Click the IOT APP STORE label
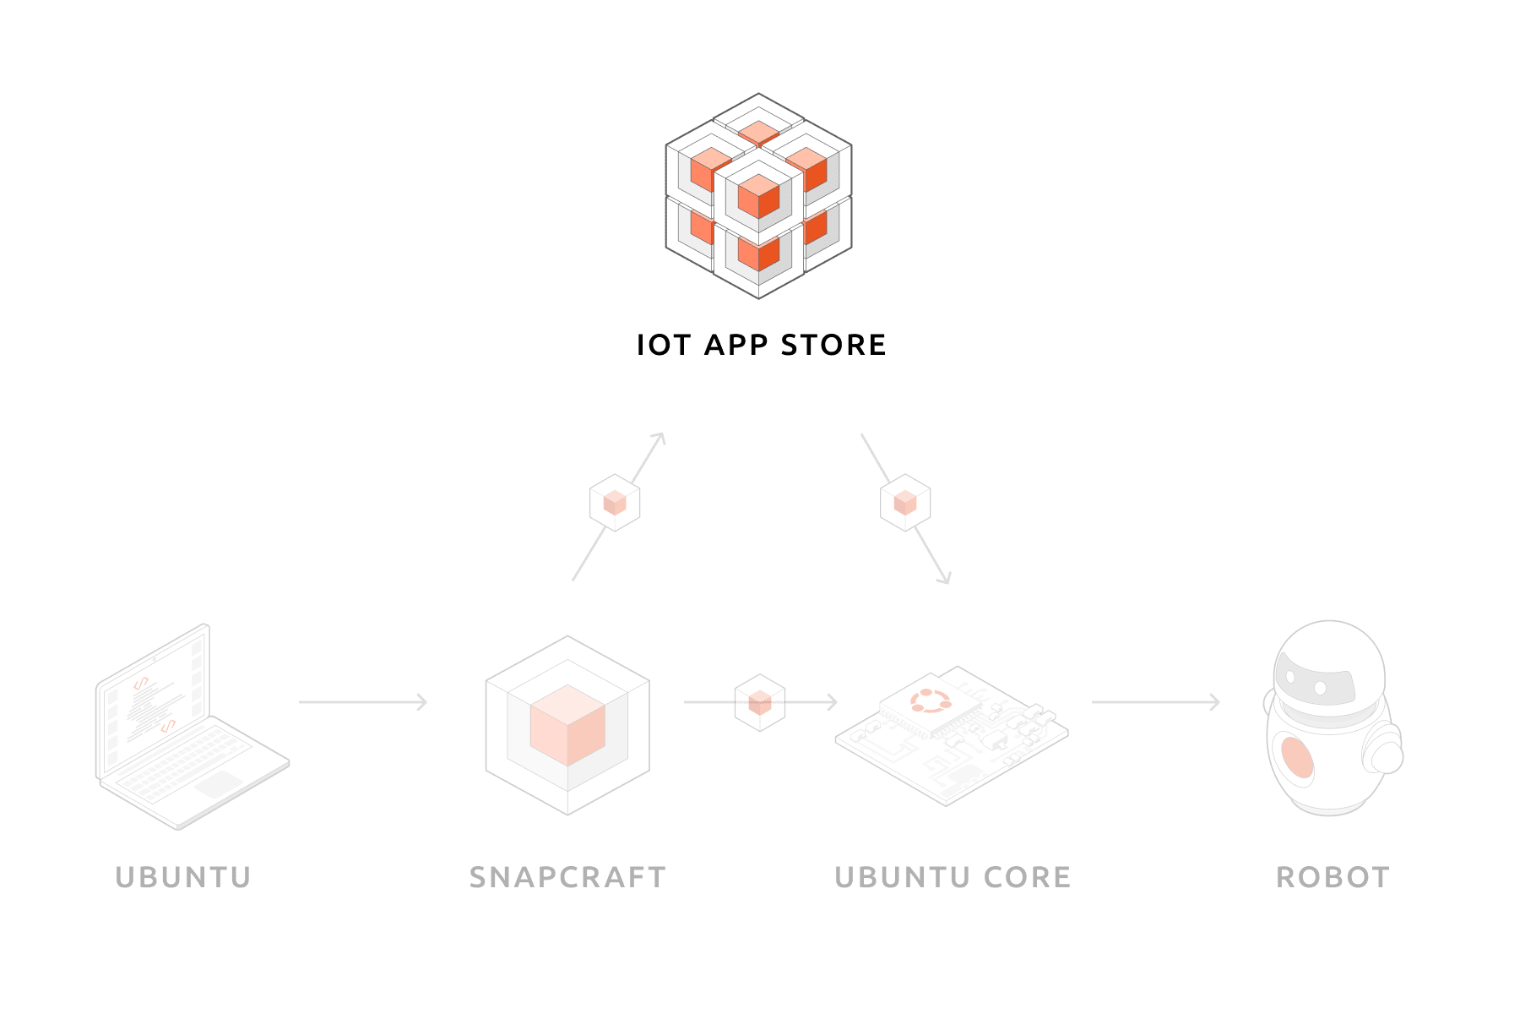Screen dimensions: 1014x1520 [x=761, y=345]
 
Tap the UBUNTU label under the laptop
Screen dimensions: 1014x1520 [x=183, y=877]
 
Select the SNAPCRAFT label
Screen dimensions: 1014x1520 [x=567, y=877]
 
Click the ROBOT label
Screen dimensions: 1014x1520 [x=1333, y=877]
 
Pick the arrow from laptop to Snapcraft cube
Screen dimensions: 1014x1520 [x=363, y=701]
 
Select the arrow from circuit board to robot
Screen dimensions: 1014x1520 [x=1155, y=701]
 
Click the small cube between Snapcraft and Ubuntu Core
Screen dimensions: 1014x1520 [x=760, y=701]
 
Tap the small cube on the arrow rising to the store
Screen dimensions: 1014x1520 [x=615, y=503]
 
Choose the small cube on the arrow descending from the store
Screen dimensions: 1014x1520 [x=905, y=503]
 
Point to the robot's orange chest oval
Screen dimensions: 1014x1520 [x=1297, y=756]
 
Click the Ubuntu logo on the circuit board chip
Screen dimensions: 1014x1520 [x=931, y=701]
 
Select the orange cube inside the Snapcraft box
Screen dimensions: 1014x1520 [x=567, y=724]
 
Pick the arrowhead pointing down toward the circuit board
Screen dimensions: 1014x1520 [x=945, y=578]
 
